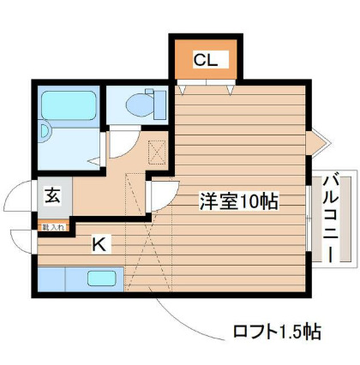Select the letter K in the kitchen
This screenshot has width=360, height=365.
point(99,245)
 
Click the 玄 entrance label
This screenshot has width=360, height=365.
point(51,195)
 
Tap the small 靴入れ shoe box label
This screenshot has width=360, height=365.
point(54,227)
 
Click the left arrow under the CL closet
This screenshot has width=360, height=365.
point(181,87)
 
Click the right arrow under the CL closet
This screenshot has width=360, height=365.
point(229,87)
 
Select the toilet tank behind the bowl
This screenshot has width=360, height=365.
point(156,103)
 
